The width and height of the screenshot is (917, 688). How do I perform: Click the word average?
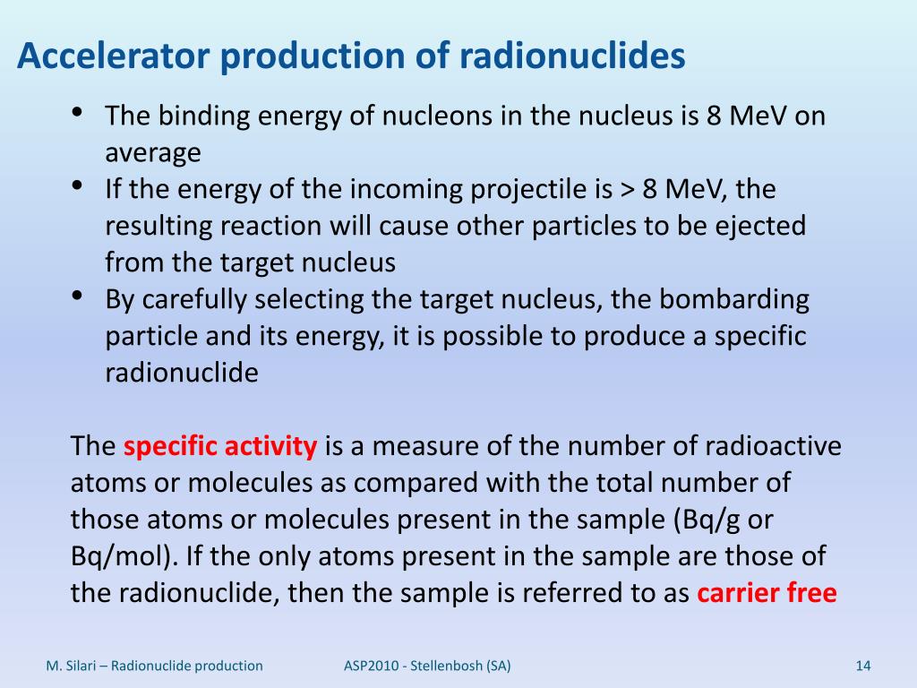coord(153,153)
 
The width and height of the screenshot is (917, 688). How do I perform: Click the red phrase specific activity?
coord(220,447)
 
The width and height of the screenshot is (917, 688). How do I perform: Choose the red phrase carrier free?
coord(767,594)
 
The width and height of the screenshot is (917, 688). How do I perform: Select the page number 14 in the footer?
coord(863,666)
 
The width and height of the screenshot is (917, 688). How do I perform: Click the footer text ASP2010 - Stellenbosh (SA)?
coord(428,666)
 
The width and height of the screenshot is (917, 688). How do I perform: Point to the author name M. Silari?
coord(75,666)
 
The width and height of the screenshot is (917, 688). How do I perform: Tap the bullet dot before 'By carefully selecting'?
coord(77,297)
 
